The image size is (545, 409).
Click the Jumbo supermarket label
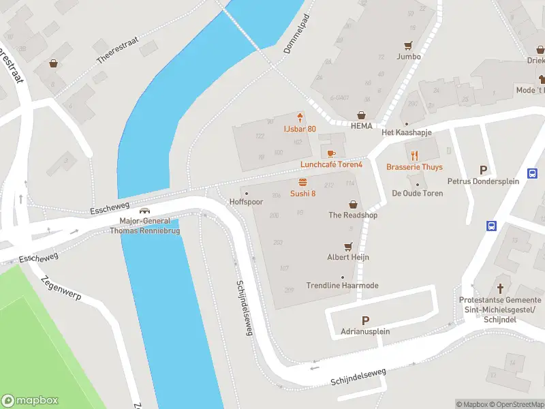pos(409,57)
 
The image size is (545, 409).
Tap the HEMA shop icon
pos(361,115)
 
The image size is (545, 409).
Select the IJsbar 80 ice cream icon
pos(300,117)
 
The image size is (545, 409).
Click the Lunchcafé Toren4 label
pos(332,165)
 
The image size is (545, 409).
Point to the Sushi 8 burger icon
pos(302,182)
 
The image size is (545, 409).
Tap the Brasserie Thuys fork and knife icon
pos(414,155)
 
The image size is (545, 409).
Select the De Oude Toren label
pos(418,194)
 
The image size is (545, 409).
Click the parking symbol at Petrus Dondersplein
pos(484,170)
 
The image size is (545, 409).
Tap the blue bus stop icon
pos(490,226)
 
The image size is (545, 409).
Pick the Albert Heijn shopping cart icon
pos(349,246)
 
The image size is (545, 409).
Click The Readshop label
pos(353,215)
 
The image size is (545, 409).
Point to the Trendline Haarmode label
pos(342,286)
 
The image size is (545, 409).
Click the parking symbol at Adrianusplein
pos(365,320)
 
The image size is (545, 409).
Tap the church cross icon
pos(501,288)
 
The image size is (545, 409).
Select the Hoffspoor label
pos(246,202)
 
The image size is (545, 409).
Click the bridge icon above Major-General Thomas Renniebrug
pos(144,211)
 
